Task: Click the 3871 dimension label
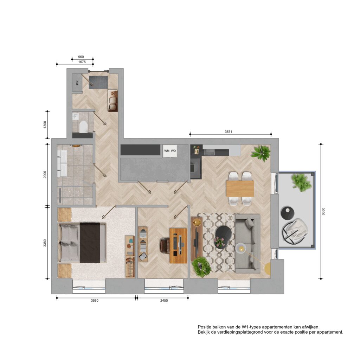(x=228, y=132)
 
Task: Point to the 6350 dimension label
(x=323, y=211)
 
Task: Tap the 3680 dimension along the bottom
(x=95, y=301)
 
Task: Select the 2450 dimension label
(x=164, y=301)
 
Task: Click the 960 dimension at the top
(x=81, y=57)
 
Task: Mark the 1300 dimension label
(x=45, y=125)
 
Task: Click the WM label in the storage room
(x=167, y=151)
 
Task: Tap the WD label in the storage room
(x=173, y=151)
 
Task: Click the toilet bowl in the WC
(x=83, y=127)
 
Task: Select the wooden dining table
(x=240, y=189)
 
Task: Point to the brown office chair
(x=165, y=246)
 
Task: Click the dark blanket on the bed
(x=90, y=243)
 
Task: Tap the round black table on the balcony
(x=288, y=213)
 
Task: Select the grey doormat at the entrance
(x=98, y=82)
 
